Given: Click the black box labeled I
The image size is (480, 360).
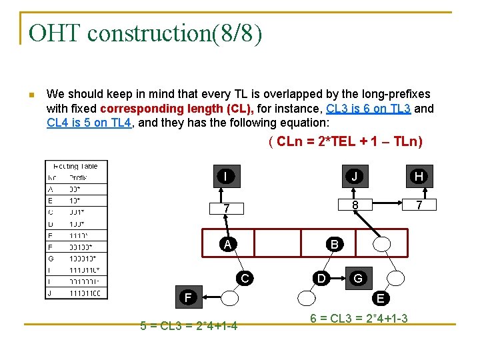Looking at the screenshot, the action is point(226,176).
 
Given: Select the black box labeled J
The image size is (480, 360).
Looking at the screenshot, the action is point(355,176).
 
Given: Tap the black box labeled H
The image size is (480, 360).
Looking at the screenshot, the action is point(419,176).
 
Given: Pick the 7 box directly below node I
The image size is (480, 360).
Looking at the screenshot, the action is point(226,209).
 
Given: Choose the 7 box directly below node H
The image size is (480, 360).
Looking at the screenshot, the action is point(419,205).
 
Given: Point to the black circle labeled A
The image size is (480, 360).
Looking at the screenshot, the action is point(228,244).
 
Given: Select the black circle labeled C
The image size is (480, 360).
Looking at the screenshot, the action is point(245,278).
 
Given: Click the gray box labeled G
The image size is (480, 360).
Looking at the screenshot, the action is point(358,277).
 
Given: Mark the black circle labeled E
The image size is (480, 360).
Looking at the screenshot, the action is point(380,297).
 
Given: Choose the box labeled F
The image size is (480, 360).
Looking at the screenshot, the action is point(189,297).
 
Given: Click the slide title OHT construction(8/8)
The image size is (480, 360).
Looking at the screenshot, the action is point(146,33).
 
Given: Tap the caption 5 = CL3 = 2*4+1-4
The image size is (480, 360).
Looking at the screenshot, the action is point(189,326).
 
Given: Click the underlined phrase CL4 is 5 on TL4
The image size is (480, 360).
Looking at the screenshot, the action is point(87,123).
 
